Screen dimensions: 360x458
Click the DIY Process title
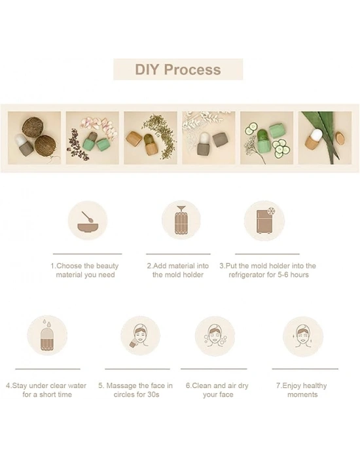[x=177, y=69]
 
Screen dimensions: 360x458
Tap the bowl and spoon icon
[x=87, y=220]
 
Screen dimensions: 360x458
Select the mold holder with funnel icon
[x=181, y=220]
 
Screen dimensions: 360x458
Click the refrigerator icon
[x=264, y=220]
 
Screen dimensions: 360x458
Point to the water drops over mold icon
[x=47, y=335]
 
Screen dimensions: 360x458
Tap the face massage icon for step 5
[x=140, y=335]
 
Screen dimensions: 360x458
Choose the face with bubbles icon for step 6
[x=215, y=335]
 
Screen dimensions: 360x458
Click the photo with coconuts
[x=35, y=137]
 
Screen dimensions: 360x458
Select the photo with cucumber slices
[x=267, y=137]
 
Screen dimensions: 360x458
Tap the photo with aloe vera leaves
[x=325, y=137]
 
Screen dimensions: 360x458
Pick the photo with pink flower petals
[x=92, y=137]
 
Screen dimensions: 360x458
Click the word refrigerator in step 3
[x=247, y=275]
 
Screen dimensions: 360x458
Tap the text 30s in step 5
[x=153, y=395]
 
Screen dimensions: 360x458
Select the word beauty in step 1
[x=107, y=266]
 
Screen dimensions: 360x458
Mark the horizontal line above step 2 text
[x=178, y=254]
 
